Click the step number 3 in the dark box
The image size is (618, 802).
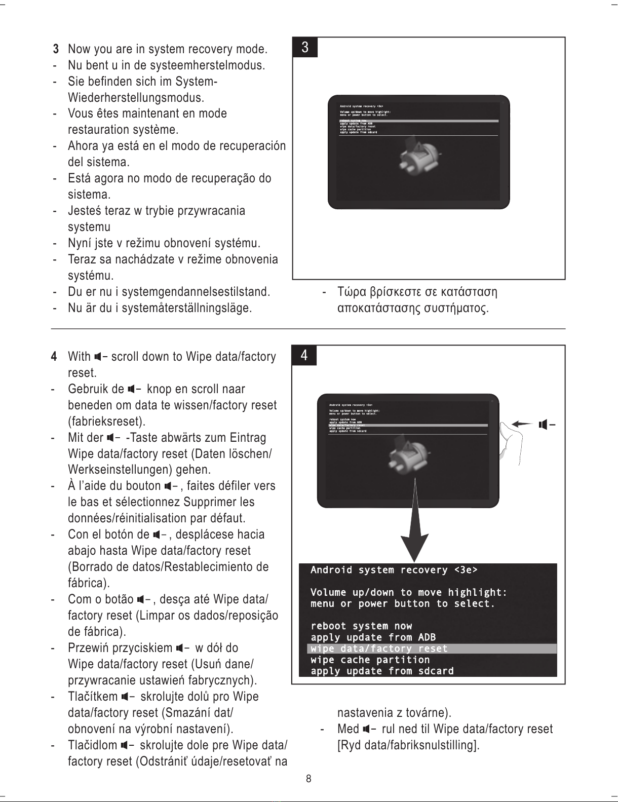305,48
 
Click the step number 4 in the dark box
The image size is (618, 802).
304,356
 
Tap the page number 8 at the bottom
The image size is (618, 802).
308,779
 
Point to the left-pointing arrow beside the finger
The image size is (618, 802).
522,424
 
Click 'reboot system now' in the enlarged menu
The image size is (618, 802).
361,626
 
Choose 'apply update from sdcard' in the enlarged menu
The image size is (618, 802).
382,671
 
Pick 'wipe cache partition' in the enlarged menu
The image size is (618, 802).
370,660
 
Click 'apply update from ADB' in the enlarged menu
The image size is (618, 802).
373,637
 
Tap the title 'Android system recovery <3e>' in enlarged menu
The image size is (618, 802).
394,570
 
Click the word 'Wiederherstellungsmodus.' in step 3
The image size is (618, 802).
136,97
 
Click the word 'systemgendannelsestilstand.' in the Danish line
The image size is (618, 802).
196,292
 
